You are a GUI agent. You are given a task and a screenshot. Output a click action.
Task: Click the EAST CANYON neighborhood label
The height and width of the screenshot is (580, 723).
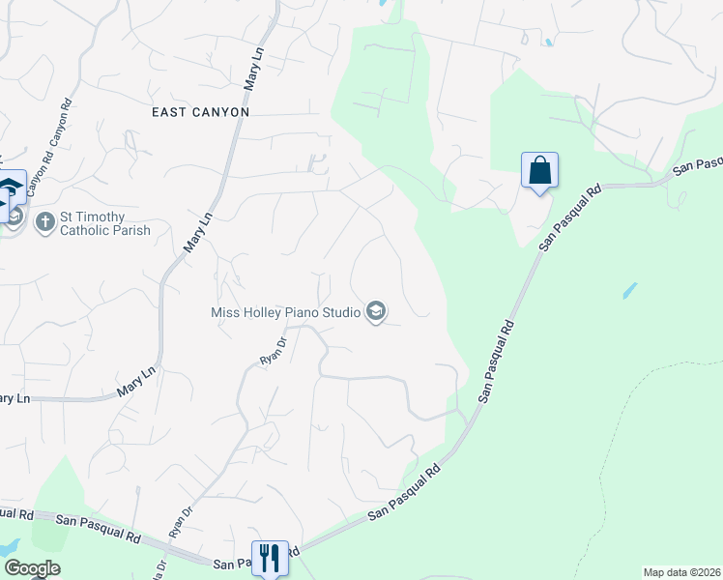click(201, 112)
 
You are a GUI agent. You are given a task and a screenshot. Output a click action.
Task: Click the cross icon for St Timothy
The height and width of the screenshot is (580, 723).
click(44, 223)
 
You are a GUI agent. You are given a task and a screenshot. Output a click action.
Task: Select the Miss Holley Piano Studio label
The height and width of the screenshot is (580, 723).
click(286, 311)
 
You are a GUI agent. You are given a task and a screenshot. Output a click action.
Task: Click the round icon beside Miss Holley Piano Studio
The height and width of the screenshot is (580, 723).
click(376, 311)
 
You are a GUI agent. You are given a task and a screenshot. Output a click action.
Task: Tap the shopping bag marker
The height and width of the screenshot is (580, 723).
click(539, 171)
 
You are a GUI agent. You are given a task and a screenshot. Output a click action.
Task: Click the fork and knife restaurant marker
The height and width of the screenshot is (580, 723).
click(269, 558)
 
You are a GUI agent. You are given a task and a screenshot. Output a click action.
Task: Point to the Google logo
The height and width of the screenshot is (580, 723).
click(32, 568)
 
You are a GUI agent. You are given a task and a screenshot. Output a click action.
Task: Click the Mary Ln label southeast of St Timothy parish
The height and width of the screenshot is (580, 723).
click(136, 383)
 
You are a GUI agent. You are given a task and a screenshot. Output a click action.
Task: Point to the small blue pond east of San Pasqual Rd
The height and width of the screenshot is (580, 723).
click(629, 289)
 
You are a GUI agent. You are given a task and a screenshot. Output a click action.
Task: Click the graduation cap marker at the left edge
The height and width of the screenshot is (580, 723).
click(10, 186)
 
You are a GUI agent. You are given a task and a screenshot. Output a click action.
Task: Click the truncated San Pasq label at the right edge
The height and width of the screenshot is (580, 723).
click(698, 166)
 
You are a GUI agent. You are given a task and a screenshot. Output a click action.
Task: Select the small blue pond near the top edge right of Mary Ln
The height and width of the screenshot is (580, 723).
click(548, 43)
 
